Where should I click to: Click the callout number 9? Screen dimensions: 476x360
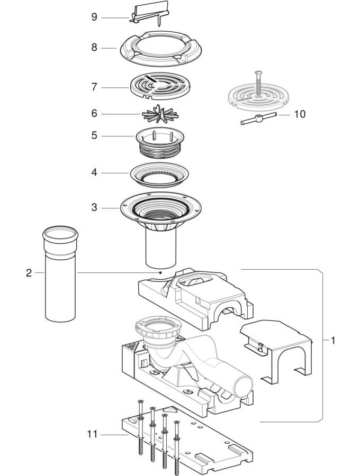tap(94, 17)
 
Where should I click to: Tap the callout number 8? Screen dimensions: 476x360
tap(94, 48)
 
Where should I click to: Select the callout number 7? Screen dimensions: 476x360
tap(94, 87)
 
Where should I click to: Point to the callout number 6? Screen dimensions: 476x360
tap(94, 114)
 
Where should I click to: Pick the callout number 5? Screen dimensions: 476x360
tap(94, 136)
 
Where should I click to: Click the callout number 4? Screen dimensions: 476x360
tap(94, 172)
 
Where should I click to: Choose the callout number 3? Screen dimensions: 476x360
tap(94, 208)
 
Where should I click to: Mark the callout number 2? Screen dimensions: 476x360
tap(29, 273)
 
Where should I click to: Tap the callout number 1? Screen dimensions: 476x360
tap(332, 341)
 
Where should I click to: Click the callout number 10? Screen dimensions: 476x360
tap(300, 114)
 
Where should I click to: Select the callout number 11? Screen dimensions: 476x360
tap(93, 435)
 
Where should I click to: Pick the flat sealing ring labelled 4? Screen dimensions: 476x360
tap(158, 175)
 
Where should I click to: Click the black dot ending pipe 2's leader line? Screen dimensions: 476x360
tap(159, 273)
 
